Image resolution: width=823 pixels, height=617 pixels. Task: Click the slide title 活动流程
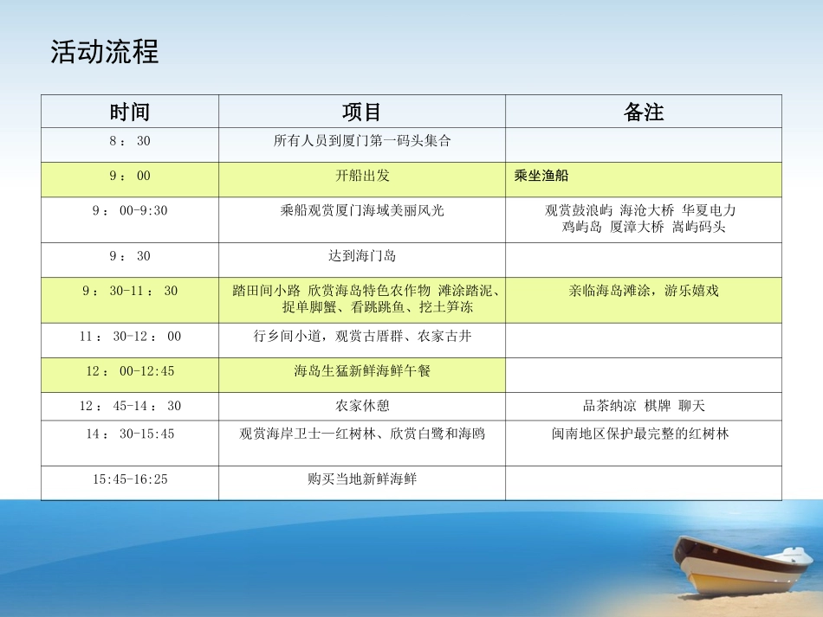pyautogui.click(x=105, y=52)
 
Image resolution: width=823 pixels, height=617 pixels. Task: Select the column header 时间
pyautogui.click(x=129, y=112)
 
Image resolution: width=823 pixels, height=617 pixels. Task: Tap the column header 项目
pyautogui.click(x=362, y=112)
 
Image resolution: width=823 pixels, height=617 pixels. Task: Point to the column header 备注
pyautogui.click(x=644, y=112)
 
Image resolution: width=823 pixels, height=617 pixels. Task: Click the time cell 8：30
pyautogui.click(x=129, y=140)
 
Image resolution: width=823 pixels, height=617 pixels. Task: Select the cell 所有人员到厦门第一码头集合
pyautogui.click(x=362, y=140)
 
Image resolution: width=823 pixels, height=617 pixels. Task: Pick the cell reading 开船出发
pyautogui.click(x=362, y=176)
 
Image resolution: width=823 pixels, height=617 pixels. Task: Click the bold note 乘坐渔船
pyautogui.click(x=541, y=176)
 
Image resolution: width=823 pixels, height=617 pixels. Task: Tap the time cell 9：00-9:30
pyautogui.click(x=129, y=210)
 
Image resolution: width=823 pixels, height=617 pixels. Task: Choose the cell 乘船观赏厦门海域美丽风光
pyautogui.click(x=362, y=210)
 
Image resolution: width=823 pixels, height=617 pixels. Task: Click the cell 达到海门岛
pyautogui.click(x=362, y=256)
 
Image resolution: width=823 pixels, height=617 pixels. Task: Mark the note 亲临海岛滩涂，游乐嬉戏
pyautogui.click(x=644, y=292)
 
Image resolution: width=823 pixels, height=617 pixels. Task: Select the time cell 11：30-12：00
pyautogui.click(x=129, y=337)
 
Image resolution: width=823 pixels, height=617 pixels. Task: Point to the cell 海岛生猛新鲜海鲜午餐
pyautogui.click(x=362, y=371)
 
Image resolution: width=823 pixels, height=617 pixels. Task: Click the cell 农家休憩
pyautogui.click(x=362, y=406)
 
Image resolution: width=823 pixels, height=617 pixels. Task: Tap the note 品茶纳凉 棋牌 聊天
pyautogui.click(x=644, y=406)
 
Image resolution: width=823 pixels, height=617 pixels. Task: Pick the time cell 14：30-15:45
pyautogui.click(x=129, y=434)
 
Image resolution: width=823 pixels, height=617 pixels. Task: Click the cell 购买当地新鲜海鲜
pyautogui.click(x=362, y=479)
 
